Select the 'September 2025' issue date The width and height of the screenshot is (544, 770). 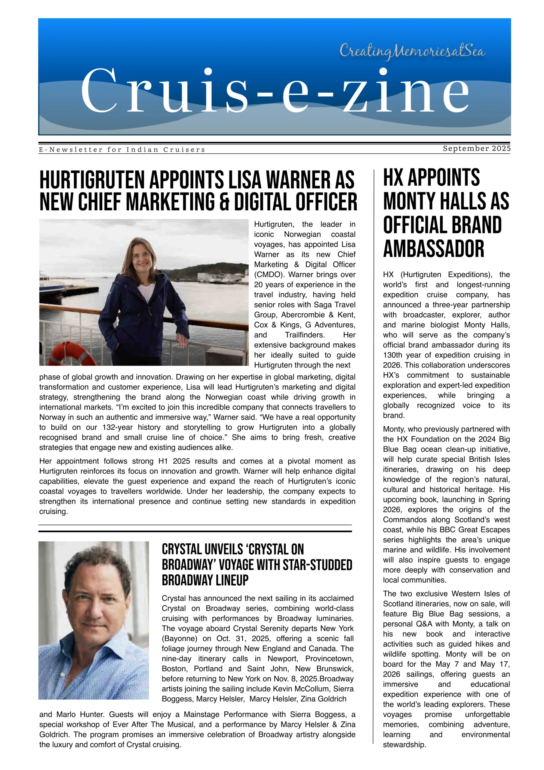tap(476, 148)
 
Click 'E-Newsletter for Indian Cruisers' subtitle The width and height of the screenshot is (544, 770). tap(122, 149)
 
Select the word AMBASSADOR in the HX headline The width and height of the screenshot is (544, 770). tap(433, 248)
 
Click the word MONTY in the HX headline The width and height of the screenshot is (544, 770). tap(409, 201)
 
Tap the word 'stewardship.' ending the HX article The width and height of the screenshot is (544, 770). tap(404, 744)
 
